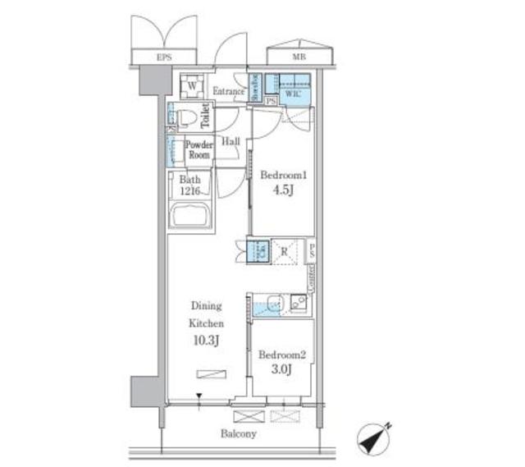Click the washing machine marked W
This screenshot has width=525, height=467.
click(x=191, y=85)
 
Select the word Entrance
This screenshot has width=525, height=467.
click(x=229, y=91)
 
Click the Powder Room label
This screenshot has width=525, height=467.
click(x=199, y=149)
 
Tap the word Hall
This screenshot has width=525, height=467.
click(x=232, y=142)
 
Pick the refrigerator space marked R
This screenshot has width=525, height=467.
click(x=284, y=251)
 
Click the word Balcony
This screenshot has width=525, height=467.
click(x=239, y=433)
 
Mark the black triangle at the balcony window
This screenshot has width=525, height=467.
click(x=199, y=400)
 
